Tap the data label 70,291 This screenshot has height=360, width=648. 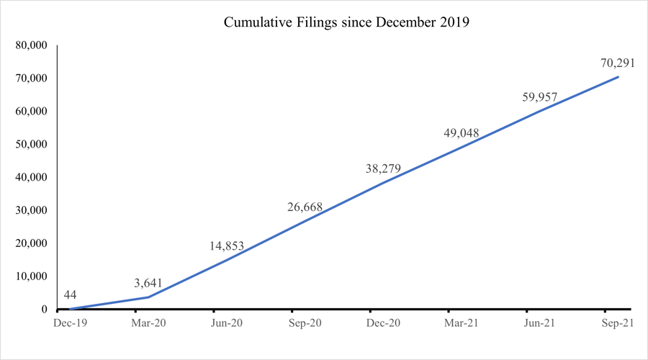[617, 63]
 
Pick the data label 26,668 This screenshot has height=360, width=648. [305, 207]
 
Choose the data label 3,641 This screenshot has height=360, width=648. [149, 283]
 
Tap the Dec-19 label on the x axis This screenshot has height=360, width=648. [70, 324]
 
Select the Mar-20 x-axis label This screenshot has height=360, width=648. [148, 324]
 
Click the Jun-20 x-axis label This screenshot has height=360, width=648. [227, 324]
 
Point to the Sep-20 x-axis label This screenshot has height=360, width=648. [305, 324]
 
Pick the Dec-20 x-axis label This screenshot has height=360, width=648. [383, 324]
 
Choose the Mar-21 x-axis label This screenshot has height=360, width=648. [462, 324]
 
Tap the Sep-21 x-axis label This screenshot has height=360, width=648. [618, 324]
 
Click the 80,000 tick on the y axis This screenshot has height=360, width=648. [31, 45]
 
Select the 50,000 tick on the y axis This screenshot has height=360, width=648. [31, 145]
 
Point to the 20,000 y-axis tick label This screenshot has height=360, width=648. [31, 243]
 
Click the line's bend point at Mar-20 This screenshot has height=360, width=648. [148, 297]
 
